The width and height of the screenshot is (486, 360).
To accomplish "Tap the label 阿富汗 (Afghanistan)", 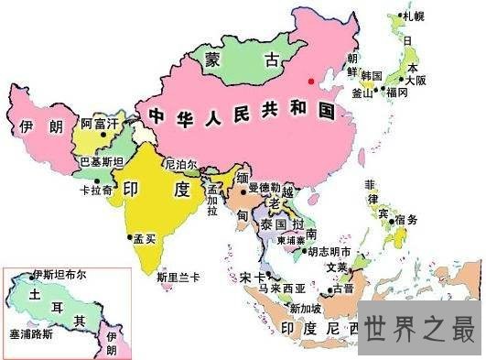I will (100, 122).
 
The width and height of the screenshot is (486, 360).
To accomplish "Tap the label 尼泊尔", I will (179, 164).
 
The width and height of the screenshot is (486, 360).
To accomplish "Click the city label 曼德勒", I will (265, 187).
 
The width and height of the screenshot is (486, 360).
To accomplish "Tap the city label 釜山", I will (362, 93).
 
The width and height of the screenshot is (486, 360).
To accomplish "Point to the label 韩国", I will (372, 74).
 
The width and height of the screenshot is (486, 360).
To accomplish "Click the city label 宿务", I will (405, 219).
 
